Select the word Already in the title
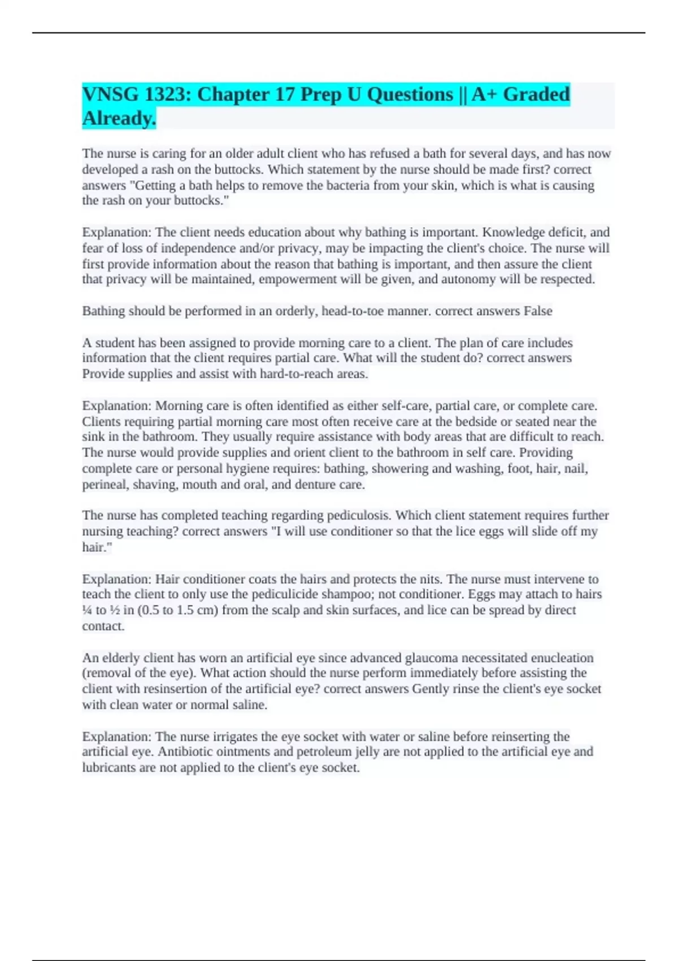[119, 118]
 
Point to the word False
[538, 311]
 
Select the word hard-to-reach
[296, 374]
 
